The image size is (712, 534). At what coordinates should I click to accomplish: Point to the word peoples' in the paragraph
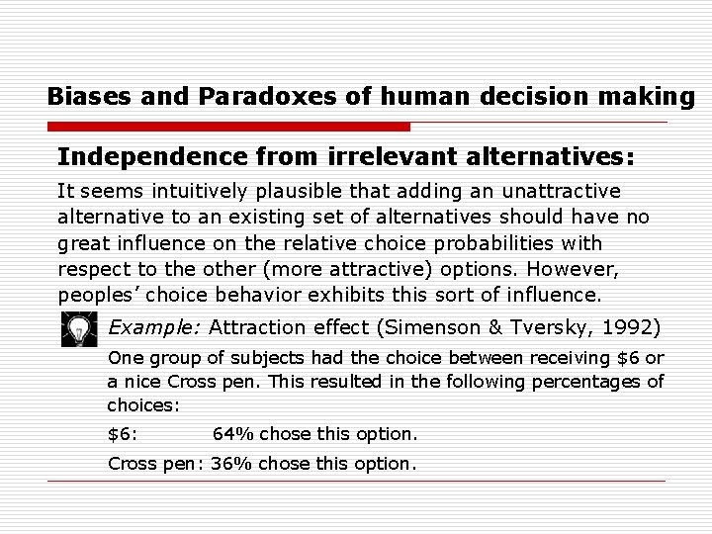click(100, 296)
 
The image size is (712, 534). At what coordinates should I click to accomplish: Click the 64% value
click(234, 434)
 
